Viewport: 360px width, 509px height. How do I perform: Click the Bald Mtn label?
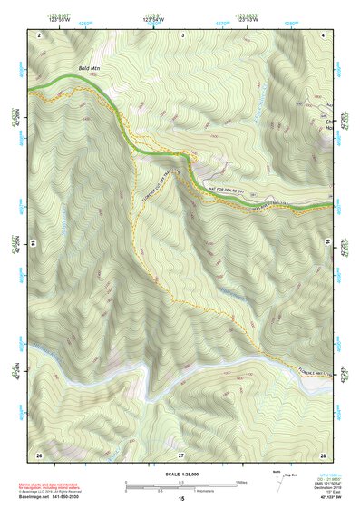click(x=89, y=68)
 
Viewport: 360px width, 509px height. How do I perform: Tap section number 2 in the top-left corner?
click(x=40, y=34)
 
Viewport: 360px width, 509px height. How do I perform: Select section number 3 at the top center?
click(x=183, y=34)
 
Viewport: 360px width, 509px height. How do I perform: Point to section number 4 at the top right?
click(x=324, y=34)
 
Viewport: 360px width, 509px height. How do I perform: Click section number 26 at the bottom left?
click(x=39, y=454)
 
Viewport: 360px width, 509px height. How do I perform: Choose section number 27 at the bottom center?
click(x=180, y=454)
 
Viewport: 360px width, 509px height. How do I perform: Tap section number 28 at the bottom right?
click(x=323, y=454)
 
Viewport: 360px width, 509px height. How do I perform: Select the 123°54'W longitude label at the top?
click(x=153, y=17)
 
